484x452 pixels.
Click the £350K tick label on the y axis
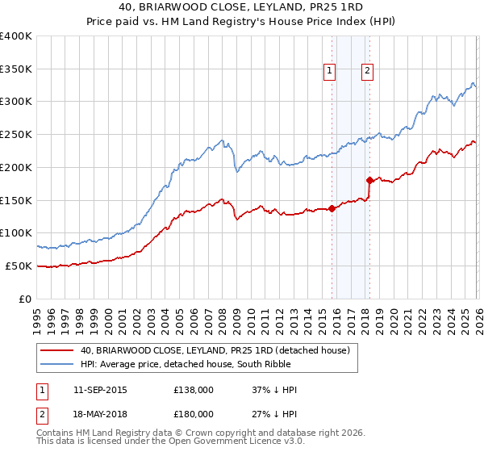pos(16,69)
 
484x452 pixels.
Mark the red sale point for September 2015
pos(332,208)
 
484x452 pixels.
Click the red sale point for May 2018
pos(369,181)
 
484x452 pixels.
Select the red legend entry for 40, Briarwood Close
pos(215,350)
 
